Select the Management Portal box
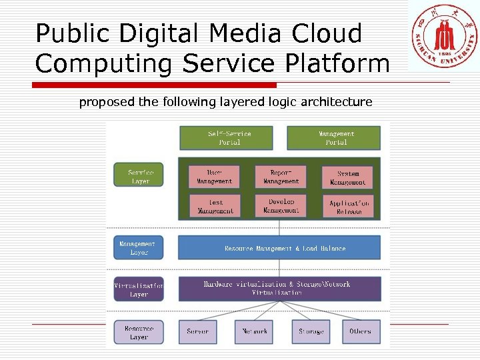333,138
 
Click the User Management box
214,177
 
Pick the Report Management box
281,177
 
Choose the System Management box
347,177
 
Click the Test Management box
214,206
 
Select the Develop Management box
281,206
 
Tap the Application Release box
348,207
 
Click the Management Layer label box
139,248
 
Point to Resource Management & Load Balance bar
279,248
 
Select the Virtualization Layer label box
139,289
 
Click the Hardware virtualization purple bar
279,289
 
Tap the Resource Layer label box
139,332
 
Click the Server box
198,332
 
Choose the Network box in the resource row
255,332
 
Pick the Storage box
311,332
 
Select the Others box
361,332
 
